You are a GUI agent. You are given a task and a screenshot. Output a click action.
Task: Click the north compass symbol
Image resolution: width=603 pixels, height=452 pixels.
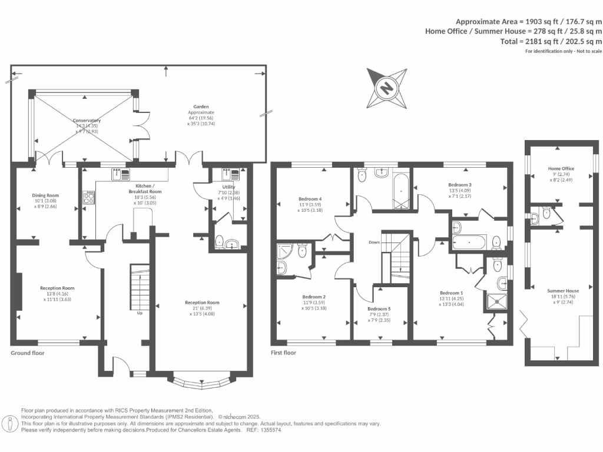tap(387, 88)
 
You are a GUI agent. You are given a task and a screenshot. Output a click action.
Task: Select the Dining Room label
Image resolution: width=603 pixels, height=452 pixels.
tap(45, 195)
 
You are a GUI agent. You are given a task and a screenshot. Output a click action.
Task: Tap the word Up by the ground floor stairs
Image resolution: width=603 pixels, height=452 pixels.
tap(140, 313)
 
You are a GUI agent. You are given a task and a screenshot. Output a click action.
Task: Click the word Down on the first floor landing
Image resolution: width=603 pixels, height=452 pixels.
tap(375, 242)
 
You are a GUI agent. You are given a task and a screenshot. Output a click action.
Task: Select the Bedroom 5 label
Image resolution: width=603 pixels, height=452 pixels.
tap(379, 309)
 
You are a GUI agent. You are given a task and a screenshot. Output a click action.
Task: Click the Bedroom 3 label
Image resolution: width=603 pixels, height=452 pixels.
tap(460, 185)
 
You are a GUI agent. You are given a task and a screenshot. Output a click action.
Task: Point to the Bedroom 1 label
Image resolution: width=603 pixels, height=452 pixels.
tap(452, 293)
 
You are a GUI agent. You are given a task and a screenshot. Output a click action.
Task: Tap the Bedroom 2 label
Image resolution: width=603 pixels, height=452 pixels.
tap(314, 297)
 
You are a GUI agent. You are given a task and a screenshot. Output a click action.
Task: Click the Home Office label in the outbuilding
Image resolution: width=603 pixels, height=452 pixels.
tap(561, 169)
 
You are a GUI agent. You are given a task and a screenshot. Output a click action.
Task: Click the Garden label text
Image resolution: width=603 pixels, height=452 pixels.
tap(201, 107)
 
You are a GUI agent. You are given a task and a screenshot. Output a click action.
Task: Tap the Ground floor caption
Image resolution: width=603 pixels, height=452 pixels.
tap(28, 353)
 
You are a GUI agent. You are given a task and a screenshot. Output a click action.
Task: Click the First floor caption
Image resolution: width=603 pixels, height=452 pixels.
tap(283, 353)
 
